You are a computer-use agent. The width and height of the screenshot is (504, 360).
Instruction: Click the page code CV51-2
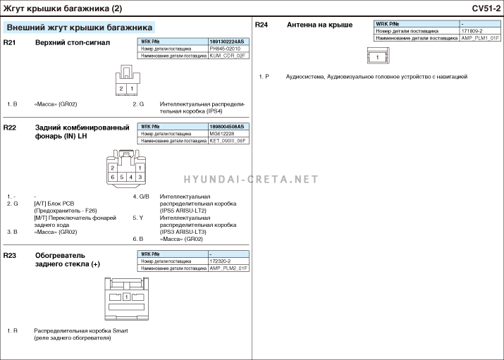pyautogui.click(x=486, y=8)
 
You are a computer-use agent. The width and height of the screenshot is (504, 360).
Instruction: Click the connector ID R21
pyautogui.click(x=10, y=43)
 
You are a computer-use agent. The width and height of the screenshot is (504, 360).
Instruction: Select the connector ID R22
pyautogui.click(x=10, y=128)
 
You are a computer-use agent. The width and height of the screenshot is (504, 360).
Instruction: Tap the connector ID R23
pyautogui.click(x=10, y=254)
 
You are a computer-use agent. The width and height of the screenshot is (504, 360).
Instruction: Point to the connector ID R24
pyautogui.click(x=261, y=25)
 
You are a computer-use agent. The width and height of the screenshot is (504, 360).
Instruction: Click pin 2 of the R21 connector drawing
pyautogui.click(x=121, y=89)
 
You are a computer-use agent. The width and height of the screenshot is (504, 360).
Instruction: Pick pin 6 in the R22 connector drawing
pyautogui.click(x=113, y=177)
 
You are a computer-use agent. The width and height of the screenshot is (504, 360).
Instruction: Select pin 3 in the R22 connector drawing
pyautogui.click(x=140, y=177)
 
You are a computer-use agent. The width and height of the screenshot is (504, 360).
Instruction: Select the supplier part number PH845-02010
pyautogui.click(x=226, y=49)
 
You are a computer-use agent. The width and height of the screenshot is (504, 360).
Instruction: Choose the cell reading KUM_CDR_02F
pyautogui.click(x=227, y=55)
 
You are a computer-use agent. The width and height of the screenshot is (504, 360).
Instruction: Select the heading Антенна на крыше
pyautogui.click(x=319, y=25)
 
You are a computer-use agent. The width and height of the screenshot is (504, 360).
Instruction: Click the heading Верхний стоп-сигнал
pyautogui.click(x=73, y=43)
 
